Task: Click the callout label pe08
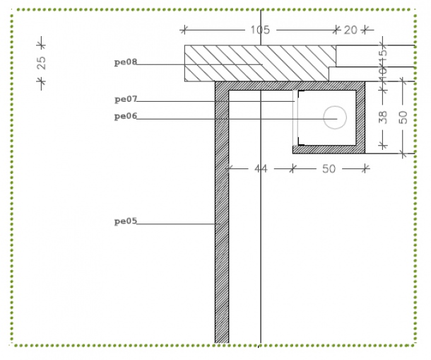pos(126,62)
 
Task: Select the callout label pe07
pos(126,99)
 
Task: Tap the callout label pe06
pos(126,116)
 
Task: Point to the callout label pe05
pos(126,221)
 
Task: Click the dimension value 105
pos(260,30)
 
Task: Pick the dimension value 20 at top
pos(350,30)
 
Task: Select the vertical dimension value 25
pos(41,63)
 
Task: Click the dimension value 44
pos(261,169)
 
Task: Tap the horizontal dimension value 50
pos(329,169)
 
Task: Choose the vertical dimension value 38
pos(383,117)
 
